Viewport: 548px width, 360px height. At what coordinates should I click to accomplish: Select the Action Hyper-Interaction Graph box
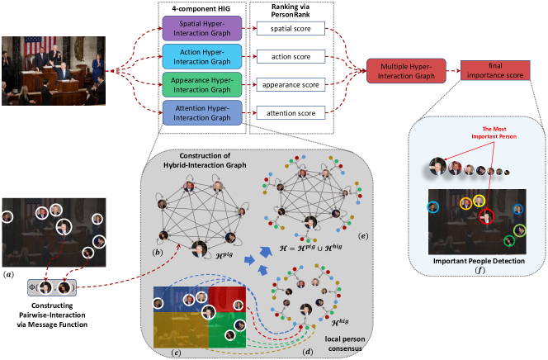point(201,58)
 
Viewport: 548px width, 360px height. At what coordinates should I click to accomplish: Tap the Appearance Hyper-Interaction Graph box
point(201,83)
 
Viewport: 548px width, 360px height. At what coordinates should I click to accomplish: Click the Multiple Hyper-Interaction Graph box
point(406,72)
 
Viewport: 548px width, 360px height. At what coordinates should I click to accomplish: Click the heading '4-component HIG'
point(201,7)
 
